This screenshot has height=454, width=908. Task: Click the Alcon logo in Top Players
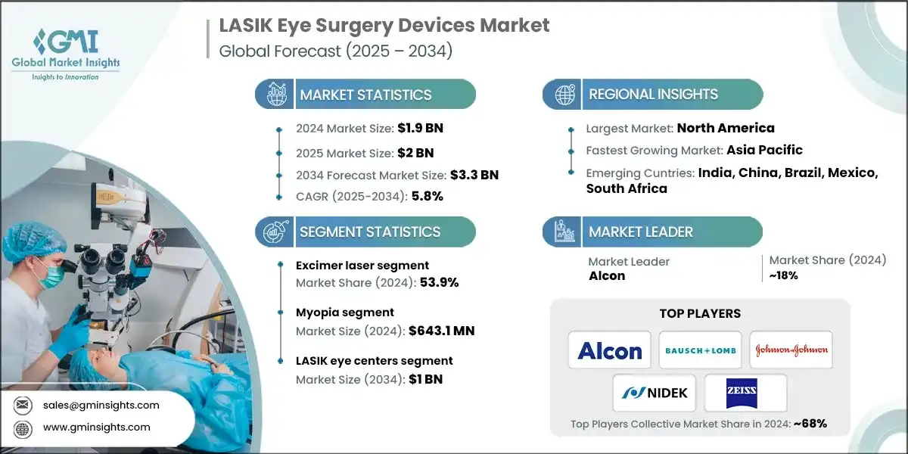click(610, 350)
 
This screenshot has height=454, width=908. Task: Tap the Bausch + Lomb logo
click(700, 350)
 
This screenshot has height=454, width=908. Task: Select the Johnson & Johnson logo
click(791, 350)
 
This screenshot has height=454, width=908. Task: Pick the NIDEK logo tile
click(655, 393)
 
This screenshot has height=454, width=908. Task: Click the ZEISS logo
click(745, 393)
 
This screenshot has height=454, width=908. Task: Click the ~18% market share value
click(784, 275)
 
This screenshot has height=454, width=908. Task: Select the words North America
click(726, 128)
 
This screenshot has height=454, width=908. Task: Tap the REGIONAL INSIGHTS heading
click(653, 95)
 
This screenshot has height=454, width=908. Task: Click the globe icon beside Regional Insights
click(564, 95)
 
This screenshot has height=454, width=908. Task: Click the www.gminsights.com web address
click(96, 428)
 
